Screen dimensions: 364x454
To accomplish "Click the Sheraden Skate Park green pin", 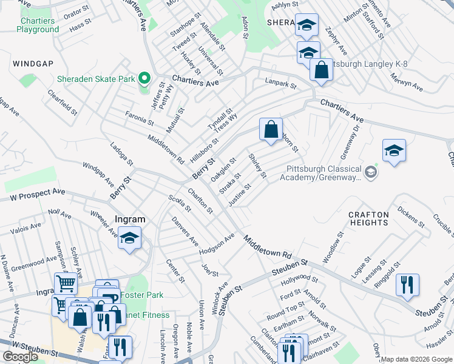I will tap(144, 79).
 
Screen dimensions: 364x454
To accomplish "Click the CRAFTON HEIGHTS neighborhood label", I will tap(368, 218).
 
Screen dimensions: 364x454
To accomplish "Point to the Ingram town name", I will tap(130, 220).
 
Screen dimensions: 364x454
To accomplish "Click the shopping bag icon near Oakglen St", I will tap(271, 129).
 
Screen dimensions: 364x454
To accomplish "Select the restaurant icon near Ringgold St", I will tap(407, 284).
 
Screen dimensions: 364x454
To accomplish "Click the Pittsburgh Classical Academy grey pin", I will tap(371, 172).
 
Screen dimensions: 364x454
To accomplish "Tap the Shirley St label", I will tap(258, 166).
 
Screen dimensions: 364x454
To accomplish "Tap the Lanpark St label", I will tap(280, 83).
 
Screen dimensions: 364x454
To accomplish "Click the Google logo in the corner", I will tap(20, 357).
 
